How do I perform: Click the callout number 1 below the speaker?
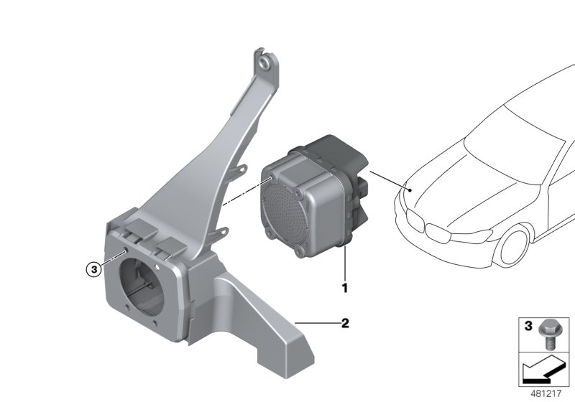point(344,289)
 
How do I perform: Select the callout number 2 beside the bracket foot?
point(344,323)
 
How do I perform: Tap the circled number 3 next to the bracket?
point(92,270)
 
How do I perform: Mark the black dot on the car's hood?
point(408,190)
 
